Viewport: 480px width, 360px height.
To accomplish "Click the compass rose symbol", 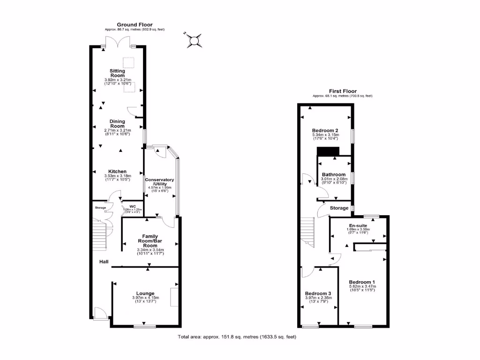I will (x=194, y=41).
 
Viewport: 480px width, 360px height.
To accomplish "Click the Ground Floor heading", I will (x=135, y=25).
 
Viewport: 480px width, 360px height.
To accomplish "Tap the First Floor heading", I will (x=343, y=91).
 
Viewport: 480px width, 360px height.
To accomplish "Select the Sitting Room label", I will (x=118, y=73).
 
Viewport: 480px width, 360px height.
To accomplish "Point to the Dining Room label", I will (x=117, y=124).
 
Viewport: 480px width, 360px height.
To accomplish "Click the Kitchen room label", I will (x=117, y=171).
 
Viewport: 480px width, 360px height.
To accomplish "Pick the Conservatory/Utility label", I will (x=159, y=182).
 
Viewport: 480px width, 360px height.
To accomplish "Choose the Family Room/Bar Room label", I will (x=150, y=241).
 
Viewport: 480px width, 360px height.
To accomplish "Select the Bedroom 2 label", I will (x=325, y=130).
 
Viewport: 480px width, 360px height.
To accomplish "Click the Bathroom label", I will (x=333, y=174).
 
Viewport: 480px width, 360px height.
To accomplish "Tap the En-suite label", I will (x=358, y=225).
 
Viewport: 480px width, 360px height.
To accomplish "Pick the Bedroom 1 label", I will (x=362, y=282).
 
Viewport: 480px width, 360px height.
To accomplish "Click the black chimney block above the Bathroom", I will (x=328, y=151).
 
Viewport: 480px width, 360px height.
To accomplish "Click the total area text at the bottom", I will (x=237, y=337).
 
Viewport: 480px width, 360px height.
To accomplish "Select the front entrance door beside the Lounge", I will (x=100, y=313).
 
